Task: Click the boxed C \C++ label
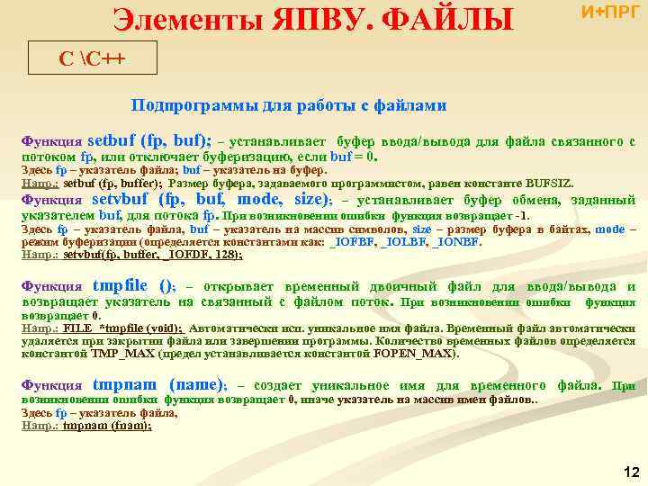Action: (93, 59)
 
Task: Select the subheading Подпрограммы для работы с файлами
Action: (288, 105)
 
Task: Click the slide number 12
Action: (630, 472)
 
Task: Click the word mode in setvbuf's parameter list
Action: (257, 200)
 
